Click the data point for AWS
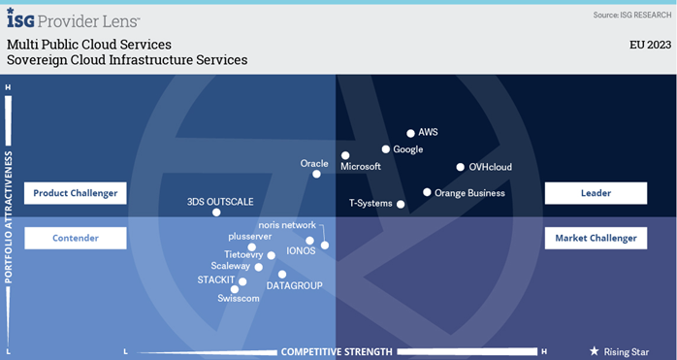coord(410,133)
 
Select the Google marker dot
coord(385,149)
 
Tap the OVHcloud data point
coord(460,167)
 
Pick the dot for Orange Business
coord(427,192)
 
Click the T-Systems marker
coord(401,204)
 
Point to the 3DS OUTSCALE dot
coord(216,213)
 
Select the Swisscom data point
coord(235,289)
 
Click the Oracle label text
coord(314,163)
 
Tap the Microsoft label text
coord(361,167)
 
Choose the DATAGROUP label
coord(294,285)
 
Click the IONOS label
coord(302,250)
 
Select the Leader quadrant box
coord(596,193)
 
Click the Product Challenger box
coord(76,193)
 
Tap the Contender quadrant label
coord(76,238)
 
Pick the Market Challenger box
coord(596,238)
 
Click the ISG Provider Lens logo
coord(74,19)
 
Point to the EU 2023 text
coord(649,45)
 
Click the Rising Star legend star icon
coord(595,351)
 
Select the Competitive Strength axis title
coord(337,351)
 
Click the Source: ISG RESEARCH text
coord(630,16)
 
